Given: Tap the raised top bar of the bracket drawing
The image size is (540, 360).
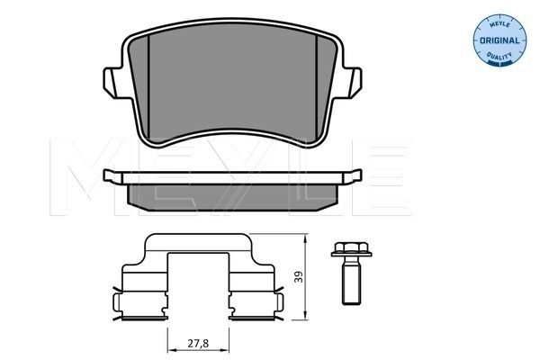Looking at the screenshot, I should coord(199,238).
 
